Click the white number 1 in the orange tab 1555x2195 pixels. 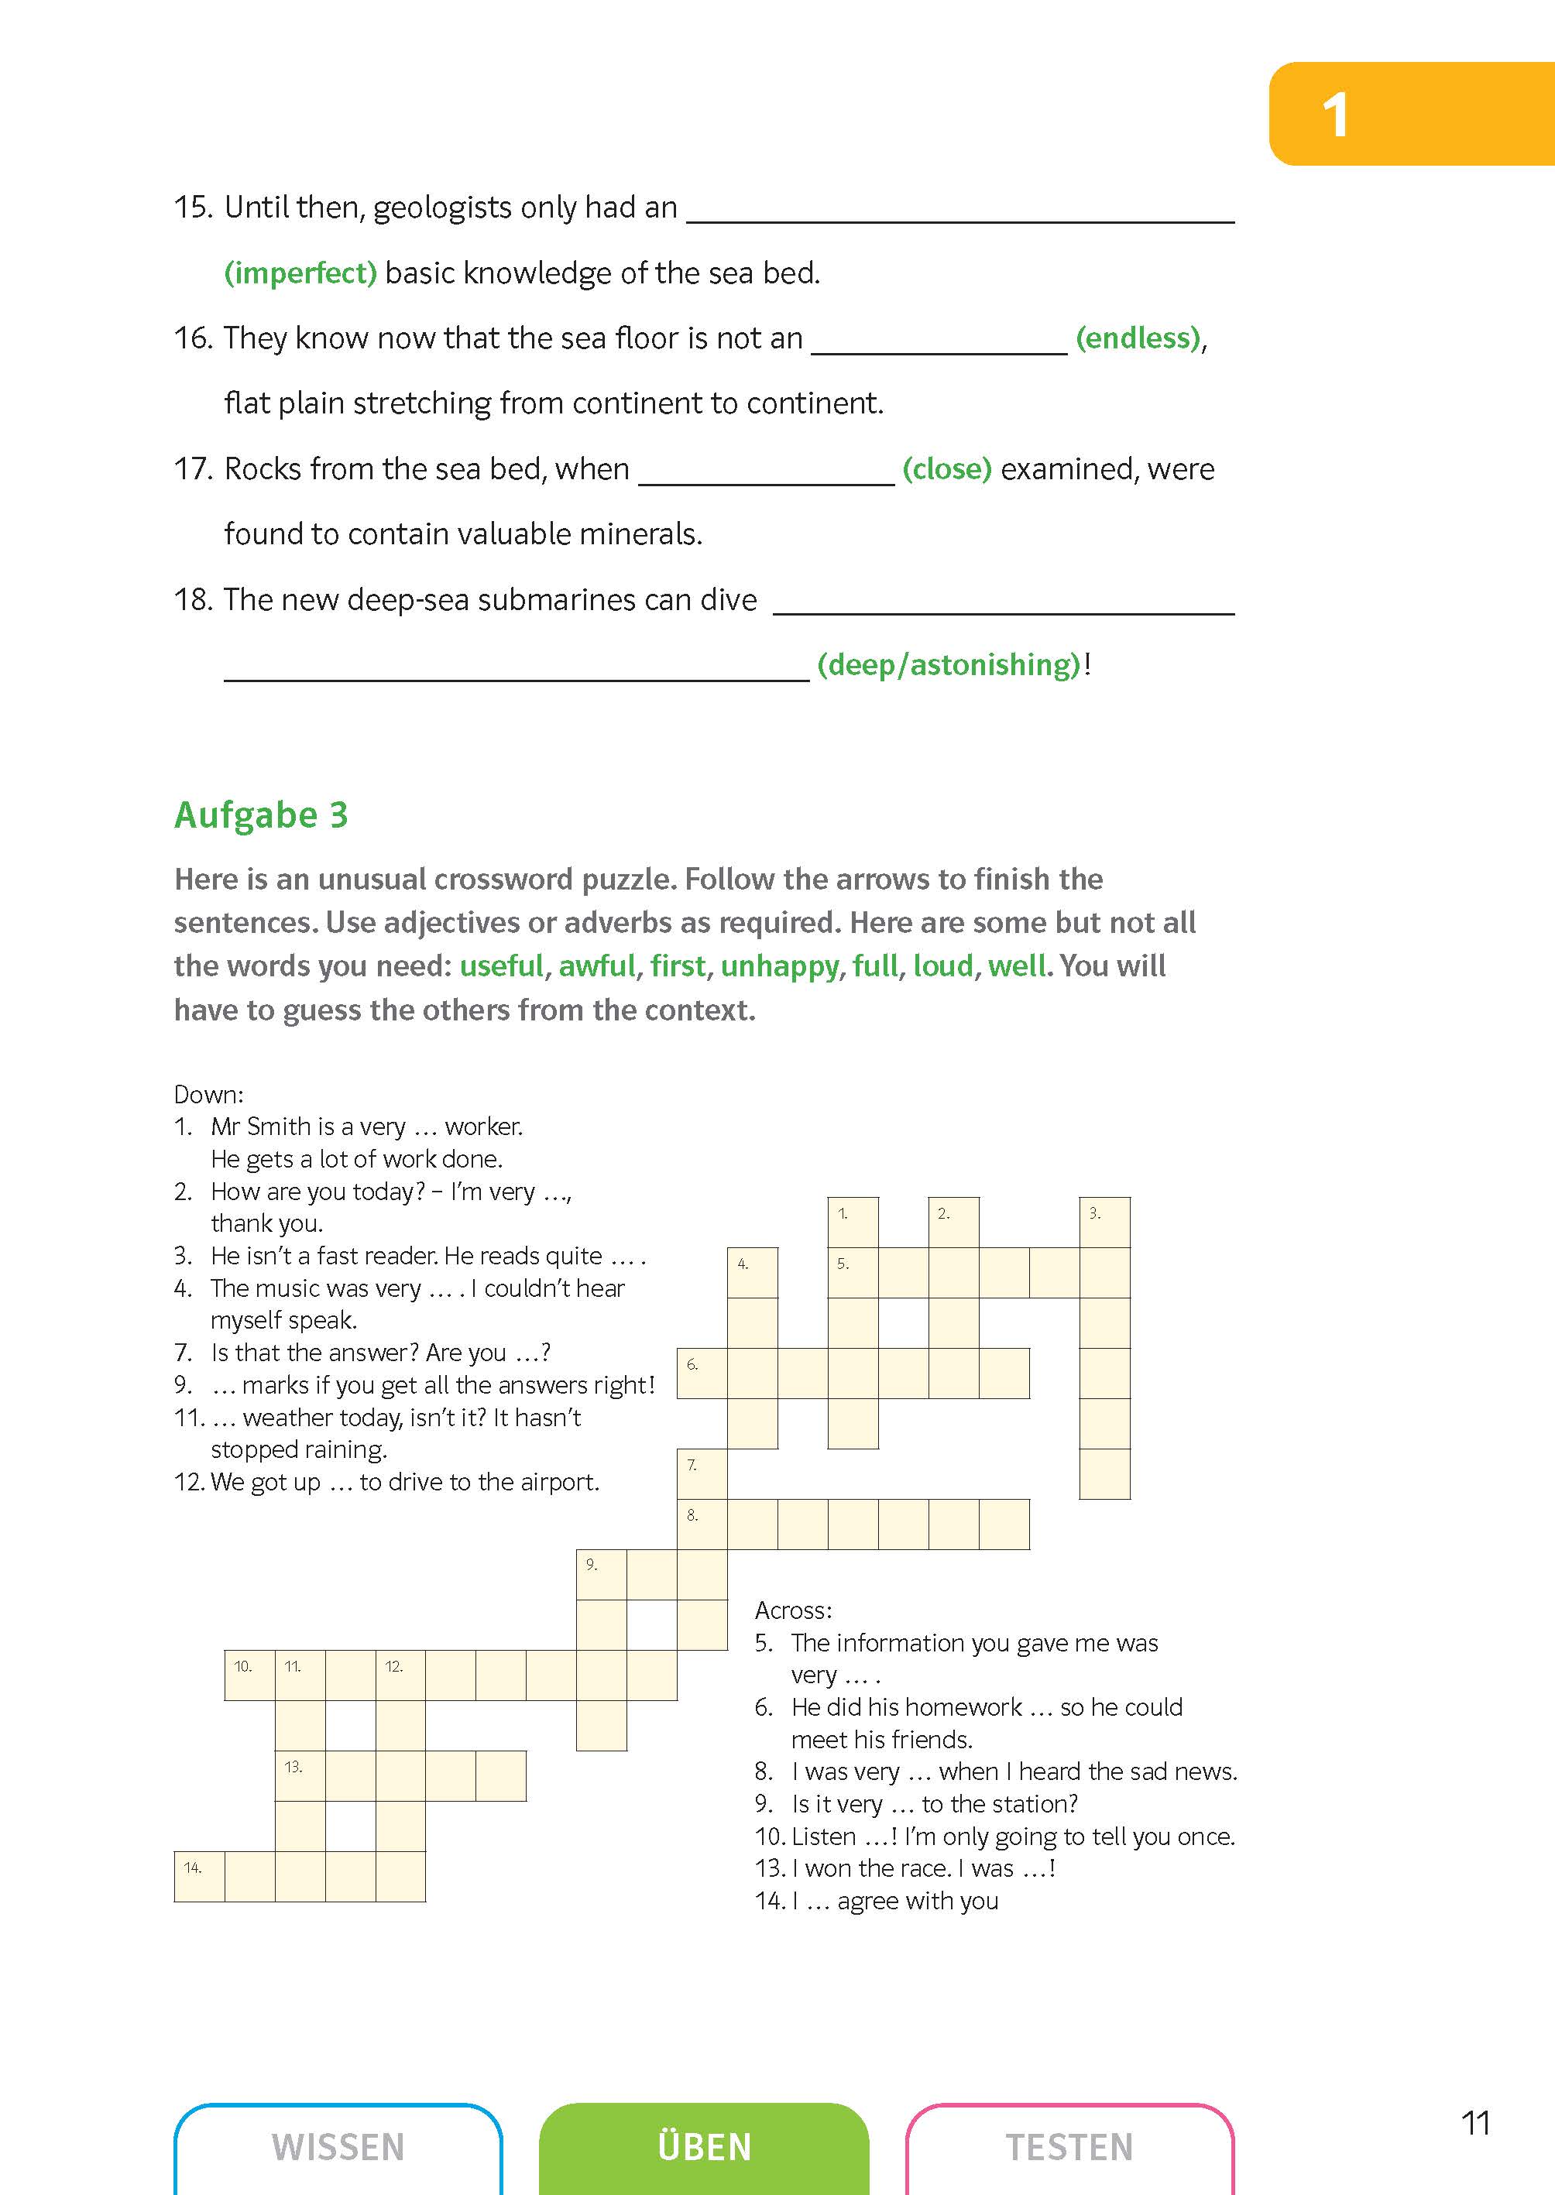[x=1335, y=116]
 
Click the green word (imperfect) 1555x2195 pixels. [x=300, y=273]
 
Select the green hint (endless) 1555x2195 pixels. [x=1138, y=338]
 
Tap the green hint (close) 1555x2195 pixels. [x=946, y=469]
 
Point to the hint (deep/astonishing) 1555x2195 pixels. [x=948, y=664]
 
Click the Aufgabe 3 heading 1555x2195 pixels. [x=260, y=815]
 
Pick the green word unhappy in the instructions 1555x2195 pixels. [x=779, y=965]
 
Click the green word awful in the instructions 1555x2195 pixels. [x=596, y=965]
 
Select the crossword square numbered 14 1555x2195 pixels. [x=199, y=1876]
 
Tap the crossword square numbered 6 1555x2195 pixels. [x=702, y=1374]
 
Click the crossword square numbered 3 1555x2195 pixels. [x=1104, y=1223]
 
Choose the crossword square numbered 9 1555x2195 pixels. [x=601, y=1575]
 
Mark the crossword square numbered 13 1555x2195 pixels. [x=300, y=1775]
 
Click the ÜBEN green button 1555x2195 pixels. [x=704, y=2146]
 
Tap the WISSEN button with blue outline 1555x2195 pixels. [x=338, y=2146]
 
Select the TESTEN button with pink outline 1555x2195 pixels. [x=1069, y=2146]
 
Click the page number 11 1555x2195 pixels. [x=1475, y=2123]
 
